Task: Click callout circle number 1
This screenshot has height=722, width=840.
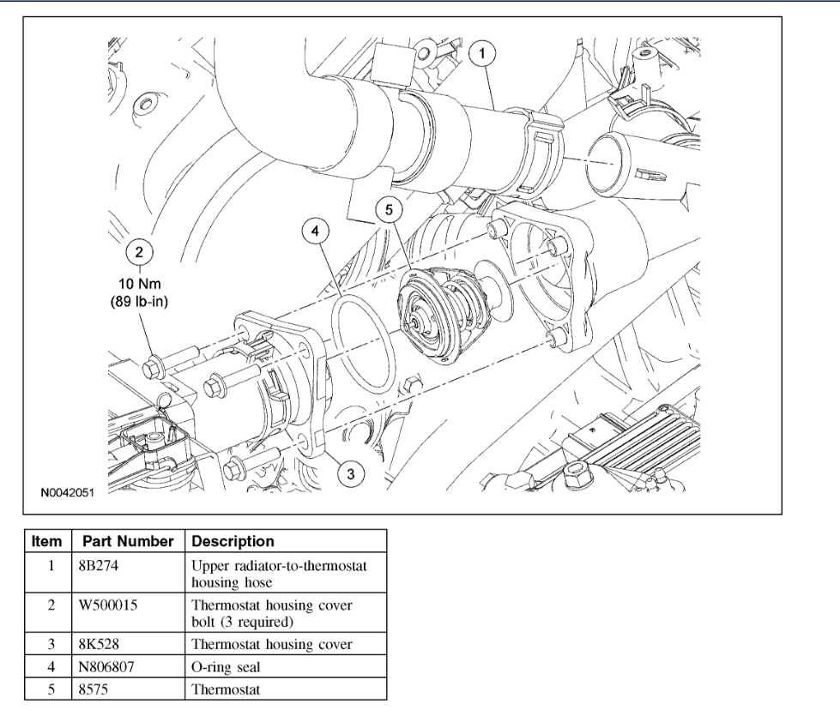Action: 483,55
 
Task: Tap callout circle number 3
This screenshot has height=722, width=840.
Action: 348,471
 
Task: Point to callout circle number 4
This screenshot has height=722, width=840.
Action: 316,231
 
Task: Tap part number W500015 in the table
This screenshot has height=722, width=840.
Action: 115,605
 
